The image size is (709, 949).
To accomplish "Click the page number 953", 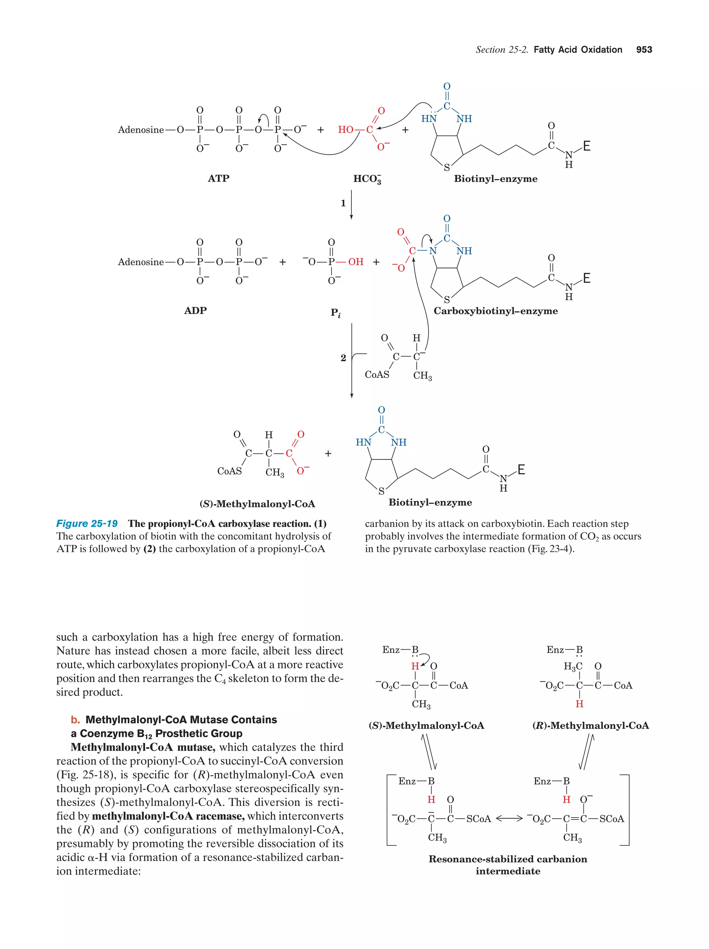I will click(x=644, y=50).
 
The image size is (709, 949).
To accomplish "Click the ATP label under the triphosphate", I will click(x=218, y=178).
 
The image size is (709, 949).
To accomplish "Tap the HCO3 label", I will click(x=367, y=179).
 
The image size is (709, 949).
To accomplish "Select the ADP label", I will click(x=195, y=311).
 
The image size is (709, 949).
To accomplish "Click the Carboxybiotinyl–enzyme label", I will click(x=495, y=311).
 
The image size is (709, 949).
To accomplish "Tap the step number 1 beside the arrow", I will click(x=343, y=203).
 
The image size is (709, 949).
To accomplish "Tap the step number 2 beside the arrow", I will click(x=343, y=358).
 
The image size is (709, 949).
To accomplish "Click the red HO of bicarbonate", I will click(x=345, y=129).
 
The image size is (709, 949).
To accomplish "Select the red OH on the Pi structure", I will click(x=356, y=262).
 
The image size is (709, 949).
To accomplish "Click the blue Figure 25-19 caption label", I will click(x=87, y=523).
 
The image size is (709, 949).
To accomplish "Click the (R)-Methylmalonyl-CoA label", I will click(x=590, y=725).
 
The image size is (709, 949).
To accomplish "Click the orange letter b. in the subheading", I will click(x=75, y=720).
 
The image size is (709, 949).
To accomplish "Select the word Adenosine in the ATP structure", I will click(x=141, y=129).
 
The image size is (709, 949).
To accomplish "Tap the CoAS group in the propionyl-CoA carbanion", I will click(x=377, y=375).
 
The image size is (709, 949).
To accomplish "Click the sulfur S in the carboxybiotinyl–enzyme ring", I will click(x=447, y=299).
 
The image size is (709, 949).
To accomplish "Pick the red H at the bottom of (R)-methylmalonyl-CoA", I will click(x=579, y=704).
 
